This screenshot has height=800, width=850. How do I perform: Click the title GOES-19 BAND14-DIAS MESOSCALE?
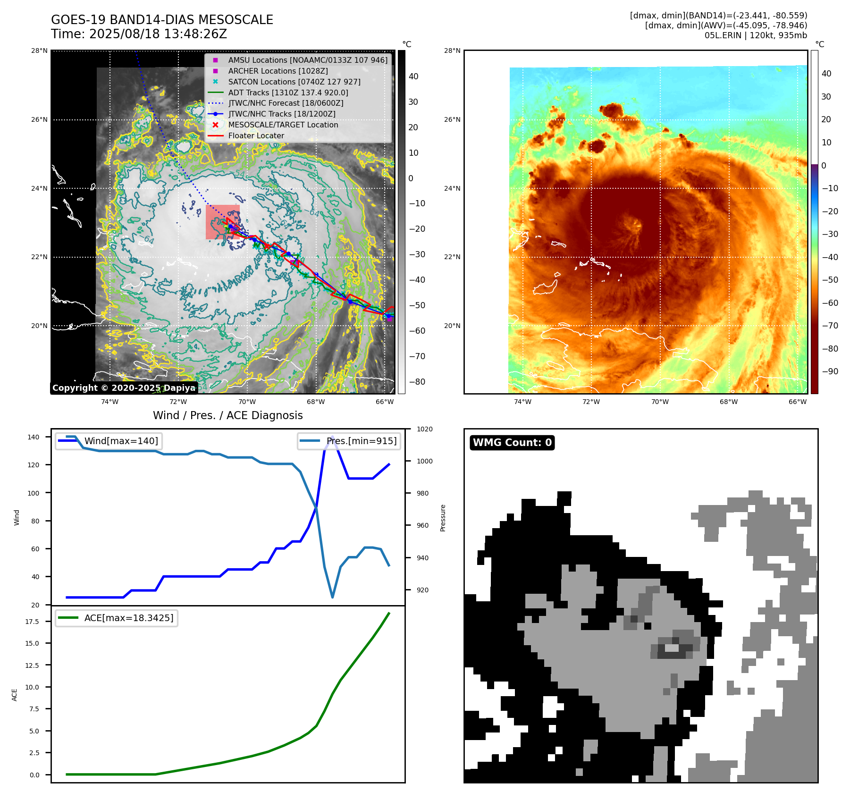162,20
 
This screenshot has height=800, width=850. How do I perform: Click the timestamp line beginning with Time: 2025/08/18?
139,34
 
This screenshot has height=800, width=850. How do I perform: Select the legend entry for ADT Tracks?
288,93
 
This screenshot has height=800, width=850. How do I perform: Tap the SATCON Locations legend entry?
294,82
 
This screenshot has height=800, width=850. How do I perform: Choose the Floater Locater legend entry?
256,135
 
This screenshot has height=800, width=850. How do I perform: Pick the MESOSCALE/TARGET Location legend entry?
283,125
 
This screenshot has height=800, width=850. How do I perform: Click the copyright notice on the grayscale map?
124,388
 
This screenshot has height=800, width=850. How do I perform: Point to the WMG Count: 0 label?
512,443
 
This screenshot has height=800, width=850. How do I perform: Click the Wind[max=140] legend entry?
121,441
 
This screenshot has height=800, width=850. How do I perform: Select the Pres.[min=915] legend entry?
362,441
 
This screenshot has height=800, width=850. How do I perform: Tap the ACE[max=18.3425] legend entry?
128,618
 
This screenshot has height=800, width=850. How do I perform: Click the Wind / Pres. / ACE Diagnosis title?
227,415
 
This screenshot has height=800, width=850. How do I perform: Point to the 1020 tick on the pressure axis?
425,429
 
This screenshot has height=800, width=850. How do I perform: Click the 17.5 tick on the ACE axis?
32,622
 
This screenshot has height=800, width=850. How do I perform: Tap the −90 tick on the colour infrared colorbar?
830,371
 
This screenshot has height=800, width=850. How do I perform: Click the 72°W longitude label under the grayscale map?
178,402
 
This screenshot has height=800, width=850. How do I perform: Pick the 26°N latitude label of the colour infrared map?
452,119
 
